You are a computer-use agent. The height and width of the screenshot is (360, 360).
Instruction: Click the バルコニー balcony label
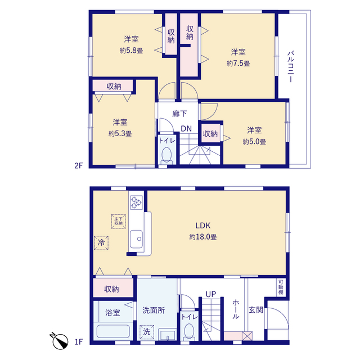[x=291, y=66]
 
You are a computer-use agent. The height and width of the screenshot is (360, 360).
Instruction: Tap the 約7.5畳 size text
[x=238, y=64]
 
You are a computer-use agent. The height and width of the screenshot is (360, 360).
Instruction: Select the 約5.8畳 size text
[x=131, y=51]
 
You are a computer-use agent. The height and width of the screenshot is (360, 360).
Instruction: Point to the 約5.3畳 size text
[x=120, y=134]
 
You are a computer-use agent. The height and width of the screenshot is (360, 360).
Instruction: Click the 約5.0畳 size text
[x=254, y=142]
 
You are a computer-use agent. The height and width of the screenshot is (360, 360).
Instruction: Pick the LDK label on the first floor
[x=202, y=226]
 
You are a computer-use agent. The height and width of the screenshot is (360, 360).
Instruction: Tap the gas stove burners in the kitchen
[x=136, y=202]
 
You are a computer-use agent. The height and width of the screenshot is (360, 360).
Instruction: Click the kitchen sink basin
[x=136, y=239]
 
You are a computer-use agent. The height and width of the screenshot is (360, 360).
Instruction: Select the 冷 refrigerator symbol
[x=101, y=242]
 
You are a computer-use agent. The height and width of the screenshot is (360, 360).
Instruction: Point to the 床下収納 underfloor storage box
[x=119, y=221]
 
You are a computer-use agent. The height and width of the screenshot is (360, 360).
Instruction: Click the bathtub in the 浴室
[x=113, y=331]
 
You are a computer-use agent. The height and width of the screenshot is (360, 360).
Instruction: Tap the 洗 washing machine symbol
[x=147, y=332]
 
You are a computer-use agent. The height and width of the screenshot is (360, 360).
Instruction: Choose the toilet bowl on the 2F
[x=166, y=156]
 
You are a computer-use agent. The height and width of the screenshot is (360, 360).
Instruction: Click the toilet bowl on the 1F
[x=190, y=332]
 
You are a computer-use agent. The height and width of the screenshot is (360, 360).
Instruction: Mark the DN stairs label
[x=186, y=129]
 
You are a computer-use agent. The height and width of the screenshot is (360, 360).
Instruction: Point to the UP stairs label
[x=211, y=294]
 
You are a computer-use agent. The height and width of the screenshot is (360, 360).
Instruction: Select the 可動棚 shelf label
[x=281, y=287]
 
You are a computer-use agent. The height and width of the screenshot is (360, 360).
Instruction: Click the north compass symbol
[x=60, y=340]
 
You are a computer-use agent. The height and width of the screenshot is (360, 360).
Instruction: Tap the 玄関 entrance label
[x=256, y=310]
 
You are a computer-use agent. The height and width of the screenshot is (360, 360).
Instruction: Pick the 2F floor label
[x=79, y=165]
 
